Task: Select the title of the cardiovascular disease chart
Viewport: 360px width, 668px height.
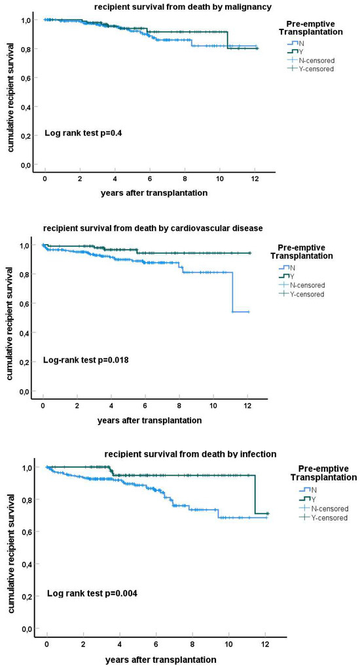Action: [x=153, y=228]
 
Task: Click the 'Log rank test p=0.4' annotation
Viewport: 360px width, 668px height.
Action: [x=83, y=133]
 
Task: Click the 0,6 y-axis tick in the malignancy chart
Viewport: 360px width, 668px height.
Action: [x=24, y=78]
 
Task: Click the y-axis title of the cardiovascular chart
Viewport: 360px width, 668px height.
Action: [x=10, y=318]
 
